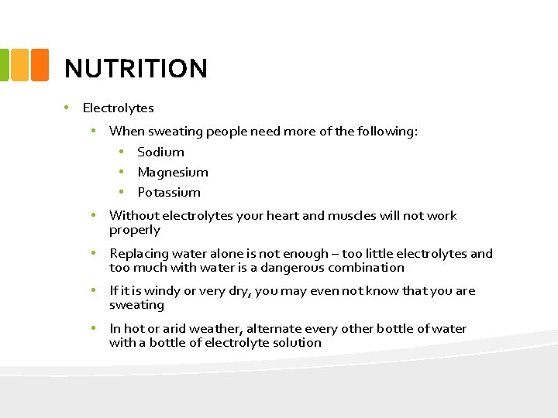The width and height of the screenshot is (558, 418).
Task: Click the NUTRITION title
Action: pyautogui.click(x=136, y=69)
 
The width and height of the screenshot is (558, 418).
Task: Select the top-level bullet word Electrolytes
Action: pyautogui.click(x=118, y=108)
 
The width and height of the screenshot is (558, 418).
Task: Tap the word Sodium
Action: pyautogui.click(x=160, y=152)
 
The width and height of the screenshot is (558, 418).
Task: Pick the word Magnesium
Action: pyautogui.click(x=173, y=173)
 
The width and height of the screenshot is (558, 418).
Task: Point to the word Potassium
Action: pyautogui.click(x=169, y=193)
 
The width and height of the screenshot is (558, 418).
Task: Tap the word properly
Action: pyautogui.click(x=135, y=231)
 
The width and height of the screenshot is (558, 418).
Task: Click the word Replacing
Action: pyautogui.click(x=139, y=254)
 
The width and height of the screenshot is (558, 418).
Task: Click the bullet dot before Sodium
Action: pyautogui.click(x=122, y=152)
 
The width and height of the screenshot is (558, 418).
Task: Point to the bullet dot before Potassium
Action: pyautogui.click(x=122, y=192)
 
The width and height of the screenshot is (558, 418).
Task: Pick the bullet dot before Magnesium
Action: pyautogui.click(x=122, y=172)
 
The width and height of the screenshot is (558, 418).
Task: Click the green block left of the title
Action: pyautogui.click(x=4, y=66)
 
